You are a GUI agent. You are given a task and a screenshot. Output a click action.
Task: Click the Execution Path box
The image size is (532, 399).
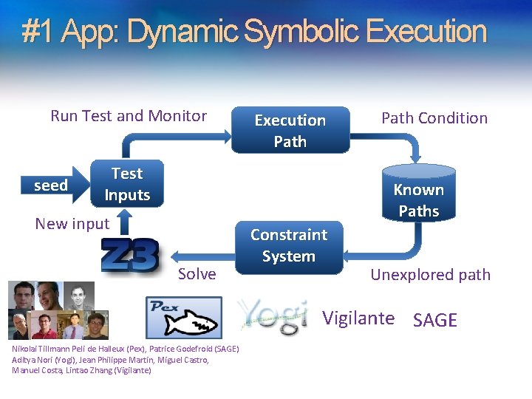[x=290, y=131]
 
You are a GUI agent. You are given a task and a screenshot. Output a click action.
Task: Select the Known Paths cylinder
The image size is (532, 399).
[x=419, y=196]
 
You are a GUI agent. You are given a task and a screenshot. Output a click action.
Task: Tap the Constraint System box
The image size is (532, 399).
[x=289, y=246]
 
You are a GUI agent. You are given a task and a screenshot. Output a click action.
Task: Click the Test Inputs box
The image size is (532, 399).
[x=127, y=184]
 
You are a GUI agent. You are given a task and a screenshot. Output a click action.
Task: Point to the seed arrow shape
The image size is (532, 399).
[x=53, y=185]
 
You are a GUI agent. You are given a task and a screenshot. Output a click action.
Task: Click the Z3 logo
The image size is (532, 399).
[x=129, y=256]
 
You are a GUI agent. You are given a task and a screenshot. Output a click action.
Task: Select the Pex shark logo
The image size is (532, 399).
[x=183, y=317]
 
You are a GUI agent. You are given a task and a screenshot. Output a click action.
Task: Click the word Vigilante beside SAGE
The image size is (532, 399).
[x=358, y=318]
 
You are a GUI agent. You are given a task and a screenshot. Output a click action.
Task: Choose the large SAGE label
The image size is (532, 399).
[x=435, y=320]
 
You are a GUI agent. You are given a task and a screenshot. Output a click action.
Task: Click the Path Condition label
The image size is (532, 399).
[x=434, y=117]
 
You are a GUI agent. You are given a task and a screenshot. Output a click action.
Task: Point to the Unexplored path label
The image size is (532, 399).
[x=430, y=274]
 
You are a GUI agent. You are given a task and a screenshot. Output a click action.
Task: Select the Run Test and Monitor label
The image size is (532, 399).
[x=129, y=115]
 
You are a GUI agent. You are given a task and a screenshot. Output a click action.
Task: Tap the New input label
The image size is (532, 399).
[x=72, y=223]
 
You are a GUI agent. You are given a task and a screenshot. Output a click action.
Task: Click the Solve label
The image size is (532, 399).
[x=197, y=273]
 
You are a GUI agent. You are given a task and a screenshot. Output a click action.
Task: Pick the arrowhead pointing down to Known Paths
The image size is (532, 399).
[x=415, y=157]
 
